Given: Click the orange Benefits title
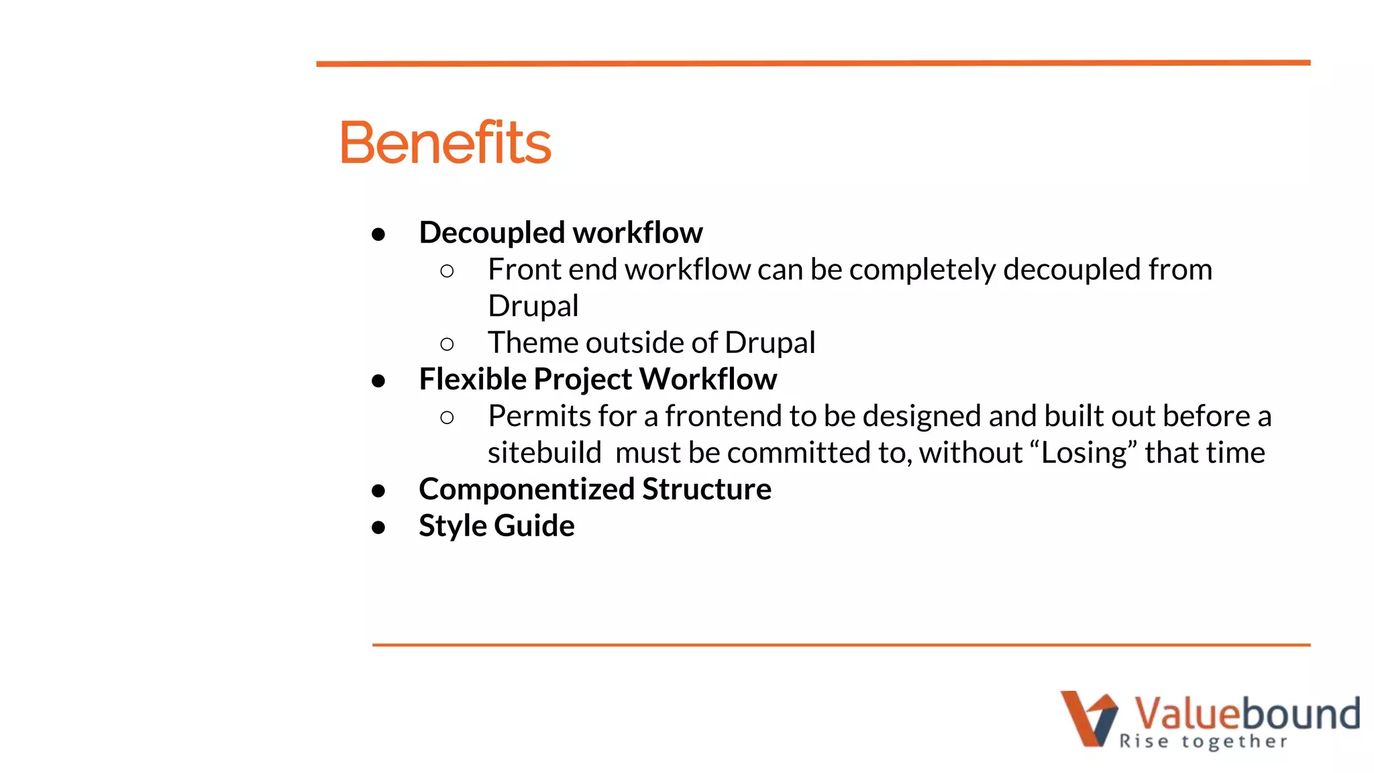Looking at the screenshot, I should click(445, 143).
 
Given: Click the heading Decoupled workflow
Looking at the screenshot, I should click(560, 233).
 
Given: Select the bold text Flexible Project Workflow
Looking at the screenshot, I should click(597, 379).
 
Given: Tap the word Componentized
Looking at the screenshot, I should click(527, 489).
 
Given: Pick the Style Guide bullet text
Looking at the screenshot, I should click(496, 525).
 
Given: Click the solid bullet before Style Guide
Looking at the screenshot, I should click(378, 527).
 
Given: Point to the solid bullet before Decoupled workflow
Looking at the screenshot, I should click(378, 234).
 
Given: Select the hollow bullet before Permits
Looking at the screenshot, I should click(447, 418).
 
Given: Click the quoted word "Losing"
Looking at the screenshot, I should click(1082, 453).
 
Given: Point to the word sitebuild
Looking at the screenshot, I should click(544, 453).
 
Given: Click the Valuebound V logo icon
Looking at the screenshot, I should click(1088, 718).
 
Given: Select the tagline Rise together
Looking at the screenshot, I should click(1203, 741).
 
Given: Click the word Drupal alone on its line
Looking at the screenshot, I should click(533, 307).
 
